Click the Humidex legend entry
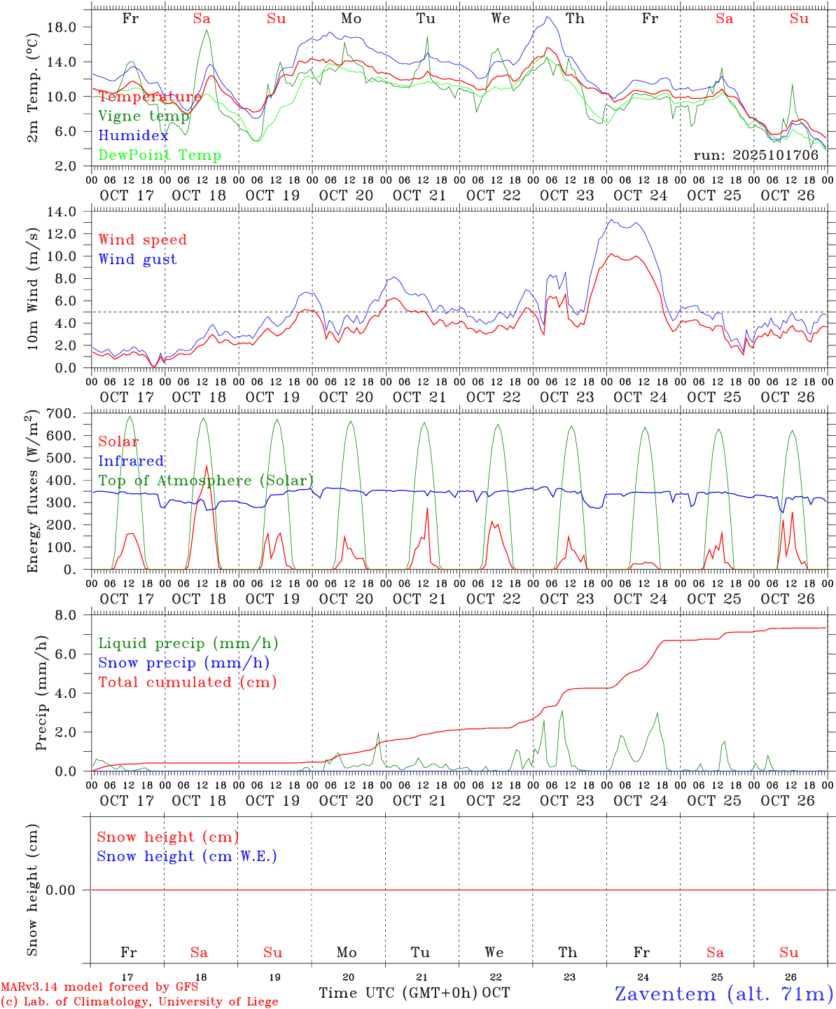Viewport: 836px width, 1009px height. click(133, 136)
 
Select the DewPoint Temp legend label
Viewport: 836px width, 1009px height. click(160, 156)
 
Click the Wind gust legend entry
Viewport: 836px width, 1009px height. click(137, 259)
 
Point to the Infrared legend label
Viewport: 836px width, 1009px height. click(131, 461)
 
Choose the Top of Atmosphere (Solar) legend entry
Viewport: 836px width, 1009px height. click(206, 481)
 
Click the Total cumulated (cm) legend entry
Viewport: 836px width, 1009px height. click(187, 682)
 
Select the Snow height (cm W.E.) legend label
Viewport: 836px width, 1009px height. click(187, 856)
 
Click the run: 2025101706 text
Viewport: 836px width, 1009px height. click(755, 156)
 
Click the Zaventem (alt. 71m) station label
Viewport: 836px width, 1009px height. click(723, 994)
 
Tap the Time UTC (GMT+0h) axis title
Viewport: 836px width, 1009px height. click(398, 993)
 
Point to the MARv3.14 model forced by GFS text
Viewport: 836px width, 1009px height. click(99, 987)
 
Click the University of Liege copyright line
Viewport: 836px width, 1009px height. click(139, 1002)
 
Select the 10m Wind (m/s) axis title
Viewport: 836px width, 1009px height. click(32, 290)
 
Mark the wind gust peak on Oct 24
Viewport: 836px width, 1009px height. click(612, 220)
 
